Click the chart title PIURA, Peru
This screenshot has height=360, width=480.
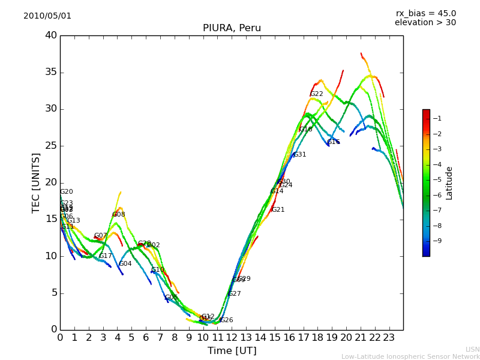point(232,28)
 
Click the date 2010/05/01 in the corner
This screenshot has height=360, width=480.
point(47,16)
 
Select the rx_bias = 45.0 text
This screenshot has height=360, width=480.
point(425,14)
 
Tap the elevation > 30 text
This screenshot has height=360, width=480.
point(425,23)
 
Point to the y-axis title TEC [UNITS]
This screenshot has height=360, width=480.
point(36,182)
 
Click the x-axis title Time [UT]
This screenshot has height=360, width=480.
point(232,351)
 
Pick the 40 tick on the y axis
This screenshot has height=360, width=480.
point(51,35)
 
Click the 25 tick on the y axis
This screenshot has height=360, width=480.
point(51,146)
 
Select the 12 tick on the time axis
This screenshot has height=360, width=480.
point(232,337)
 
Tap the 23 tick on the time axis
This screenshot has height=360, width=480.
point(389,337)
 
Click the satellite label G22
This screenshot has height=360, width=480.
point(316,94)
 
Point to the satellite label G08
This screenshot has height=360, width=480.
point(119,215)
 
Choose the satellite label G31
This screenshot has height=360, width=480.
point(299,155)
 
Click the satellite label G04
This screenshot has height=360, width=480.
point(125,264)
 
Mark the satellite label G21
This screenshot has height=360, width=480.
point(278,210)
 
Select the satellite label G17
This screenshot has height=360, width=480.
point(106,256)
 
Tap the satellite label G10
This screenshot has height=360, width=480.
point(157,270)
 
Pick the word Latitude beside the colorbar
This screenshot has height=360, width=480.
point(449,183)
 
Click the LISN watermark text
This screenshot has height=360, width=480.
point(472,349)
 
